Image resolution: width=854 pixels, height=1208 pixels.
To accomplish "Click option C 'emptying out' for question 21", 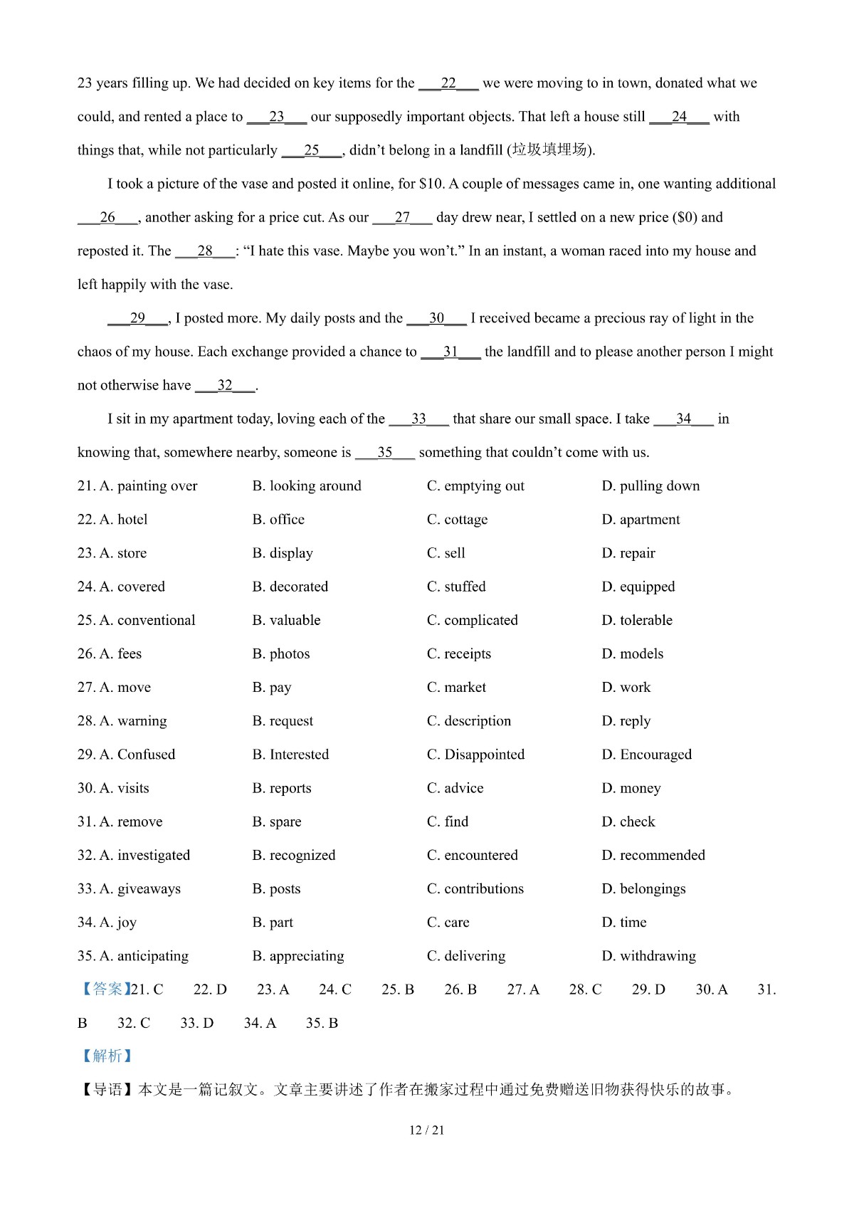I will click(475, 486).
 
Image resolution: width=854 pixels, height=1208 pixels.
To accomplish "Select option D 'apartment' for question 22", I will click(640, 520).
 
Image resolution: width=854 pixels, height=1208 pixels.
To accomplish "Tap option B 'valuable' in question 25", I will click(286, 620).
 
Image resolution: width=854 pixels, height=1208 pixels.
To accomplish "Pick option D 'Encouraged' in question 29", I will click(646, 755).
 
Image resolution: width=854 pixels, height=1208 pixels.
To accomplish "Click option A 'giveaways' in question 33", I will click(129, 889).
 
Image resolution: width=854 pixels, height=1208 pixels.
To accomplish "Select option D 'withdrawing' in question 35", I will click(648, 956).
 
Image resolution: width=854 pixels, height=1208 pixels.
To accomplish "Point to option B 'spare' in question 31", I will click(277, 822).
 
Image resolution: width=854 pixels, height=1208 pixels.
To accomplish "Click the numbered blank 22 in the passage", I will click(448, 83).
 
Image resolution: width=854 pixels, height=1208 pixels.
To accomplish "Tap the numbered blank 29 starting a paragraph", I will click(137, 318).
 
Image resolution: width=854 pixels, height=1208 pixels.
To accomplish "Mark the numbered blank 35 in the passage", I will click(385, 453).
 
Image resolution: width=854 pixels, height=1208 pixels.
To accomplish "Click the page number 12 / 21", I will click(426, 1130).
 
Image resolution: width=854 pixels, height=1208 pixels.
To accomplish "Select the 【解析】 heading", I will click(107, 1056).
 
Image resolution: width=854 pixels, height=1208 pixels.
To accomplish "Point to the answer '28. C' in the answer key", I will click(585, 989).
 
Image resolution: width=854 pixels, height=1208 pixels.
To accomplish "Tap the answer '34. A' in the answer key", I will click(260, 1023).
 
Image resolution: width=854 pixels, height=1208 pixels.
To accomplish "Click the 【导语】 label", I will click(107, 1090).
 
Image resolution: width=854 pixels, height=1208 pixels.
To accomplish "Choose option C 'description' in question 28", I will click(469, 721).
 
